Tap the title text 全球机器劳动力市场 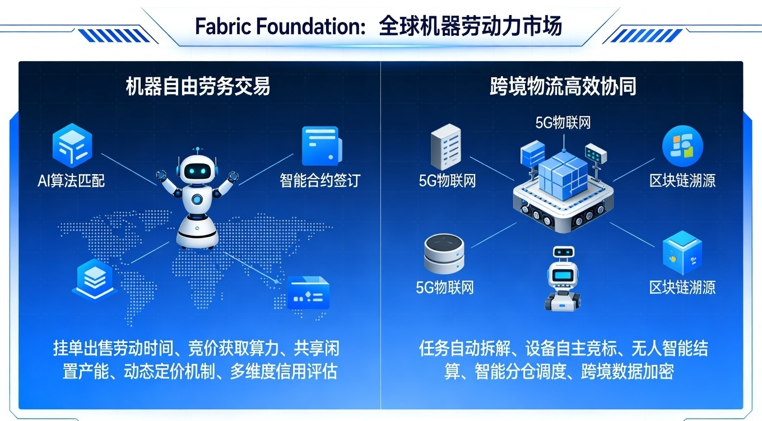tap(470, 26)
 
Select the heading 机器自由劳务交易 tap(198, 87)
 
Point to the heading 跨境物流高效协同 tap(563, 87)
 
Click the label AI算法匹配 tap(71, 180)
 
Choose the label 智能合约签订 tap(320, 180)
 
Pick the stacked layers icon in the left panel tap(95, 278)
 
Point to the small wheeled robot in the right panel tap(563, 278)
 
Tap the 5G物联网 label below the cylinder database tap(445, 288)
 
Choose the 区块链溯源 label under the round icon tap(682, 180)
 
